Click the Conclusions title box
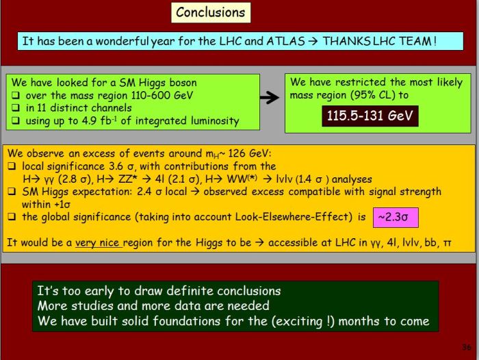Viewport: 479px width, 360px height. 211,12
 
